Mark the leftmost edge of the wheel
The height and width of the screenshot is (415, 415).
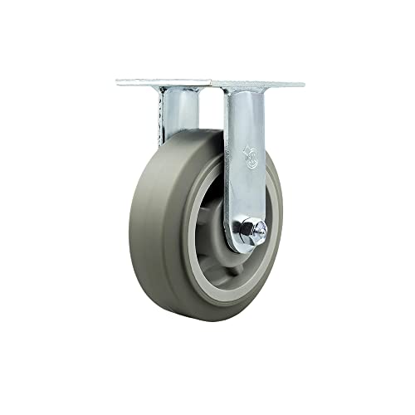tap(129, 232)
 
